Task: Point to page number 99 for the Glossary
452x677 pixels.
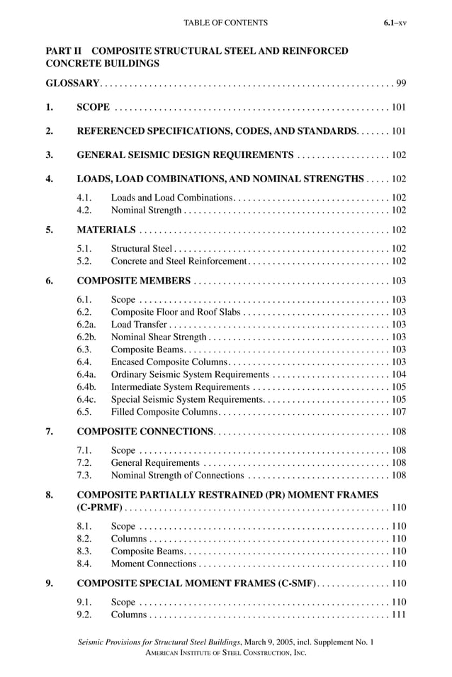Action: pyautogui.click(x=401, y=84)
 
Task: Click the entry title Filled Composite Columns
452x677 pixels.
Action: pyautogui.click(x=164, y=412)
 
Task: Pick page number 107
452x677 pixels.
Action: pyautogui.click(x=398, y=412)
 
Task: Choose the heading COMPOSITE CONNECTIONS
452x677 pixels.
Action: pyautogui.click(x=145, y=432)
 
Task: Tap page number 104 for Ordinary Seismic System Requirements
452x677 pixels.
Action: pyautogui.click(x=398, y=374)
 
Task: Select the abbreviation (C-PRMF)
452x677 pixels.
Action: pyautogui.click(x=100, y=508)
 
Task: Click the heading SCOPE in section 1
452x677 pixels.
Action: pyautogui.click(x=93, y=108)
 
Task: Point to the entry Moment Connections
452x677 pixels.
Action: pyautogui.click(x=154, y=564)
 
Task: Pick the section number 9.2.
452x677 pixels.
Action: pyautogui.click(x=84, y=614)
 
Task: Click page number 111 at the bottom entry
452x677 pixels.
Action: pyautogui.click(x=398, y=614)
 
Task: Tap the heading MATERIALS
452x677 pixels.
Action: pyautogui.click(x=106, y=230)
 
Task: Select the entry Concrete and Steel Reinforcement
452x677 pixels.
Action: pyautogui.click(x=179, y=262)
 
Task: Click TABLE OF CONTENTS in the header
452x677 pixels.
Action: pyautogui.click(x=225, y=23)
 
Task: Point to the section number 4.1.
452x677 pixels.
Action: pyautogui.click(x=84, y=197)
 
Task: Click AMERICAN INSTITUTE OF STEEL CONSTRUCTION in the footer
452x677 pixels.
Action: pyautogui.click(x=225, y=652)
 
